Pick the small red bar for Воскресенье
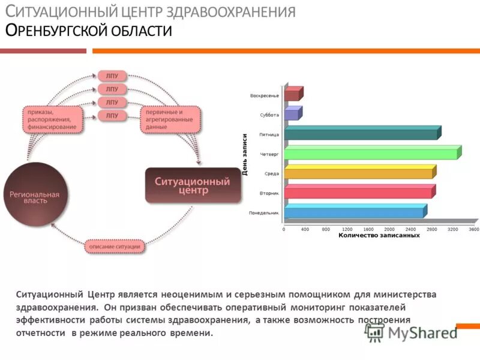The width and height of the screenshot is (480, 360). point(292,95)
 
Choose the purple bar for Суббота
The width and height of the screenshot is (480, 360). point(292,114)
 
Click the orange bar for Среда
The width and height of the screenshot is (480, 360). point(358,173)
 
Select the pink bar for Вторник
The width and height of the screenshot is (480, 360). point(358,193)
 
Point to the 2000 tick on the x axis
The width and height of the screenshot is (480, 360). point(389,229)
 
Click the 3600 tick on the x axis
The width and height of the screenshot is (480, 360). point(473,229)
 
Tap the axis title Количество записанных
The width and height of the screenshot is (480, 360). point(379,236)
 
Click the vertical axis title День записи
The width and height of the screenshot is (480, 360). point(245,155)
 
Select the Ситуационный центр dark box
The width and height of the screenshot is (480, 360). point(193,185)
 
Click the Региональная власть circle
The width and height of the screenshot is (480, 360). point(33,199)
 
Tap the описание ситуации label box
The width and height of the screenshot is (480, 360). point(115,247)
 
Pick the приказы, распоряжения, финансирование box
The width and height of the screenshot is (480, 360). point(51,119)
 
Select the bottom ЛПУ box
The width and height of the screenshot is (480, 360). point(112,115)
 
